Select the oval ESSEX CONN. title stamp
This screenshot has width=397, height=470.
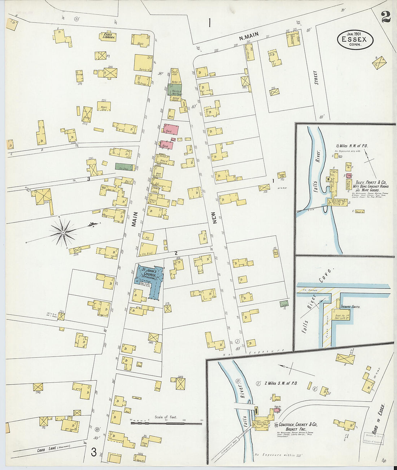click(x=355, y=40)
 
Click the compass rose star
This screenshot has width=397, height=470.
click(x=64, y=233)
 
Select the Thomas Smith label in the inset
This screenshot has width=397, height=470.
click(x=352, y=307)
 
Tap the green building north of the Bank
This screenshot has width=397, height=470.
click(x=175, y=89)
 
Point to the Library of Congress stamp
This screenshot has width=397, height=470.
click(x=372, y=439)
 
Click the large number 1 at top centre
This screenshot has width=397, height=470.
click(x=209, y=23)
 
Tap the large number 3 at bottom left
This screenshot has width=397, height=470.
click(x=93, y=452)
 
